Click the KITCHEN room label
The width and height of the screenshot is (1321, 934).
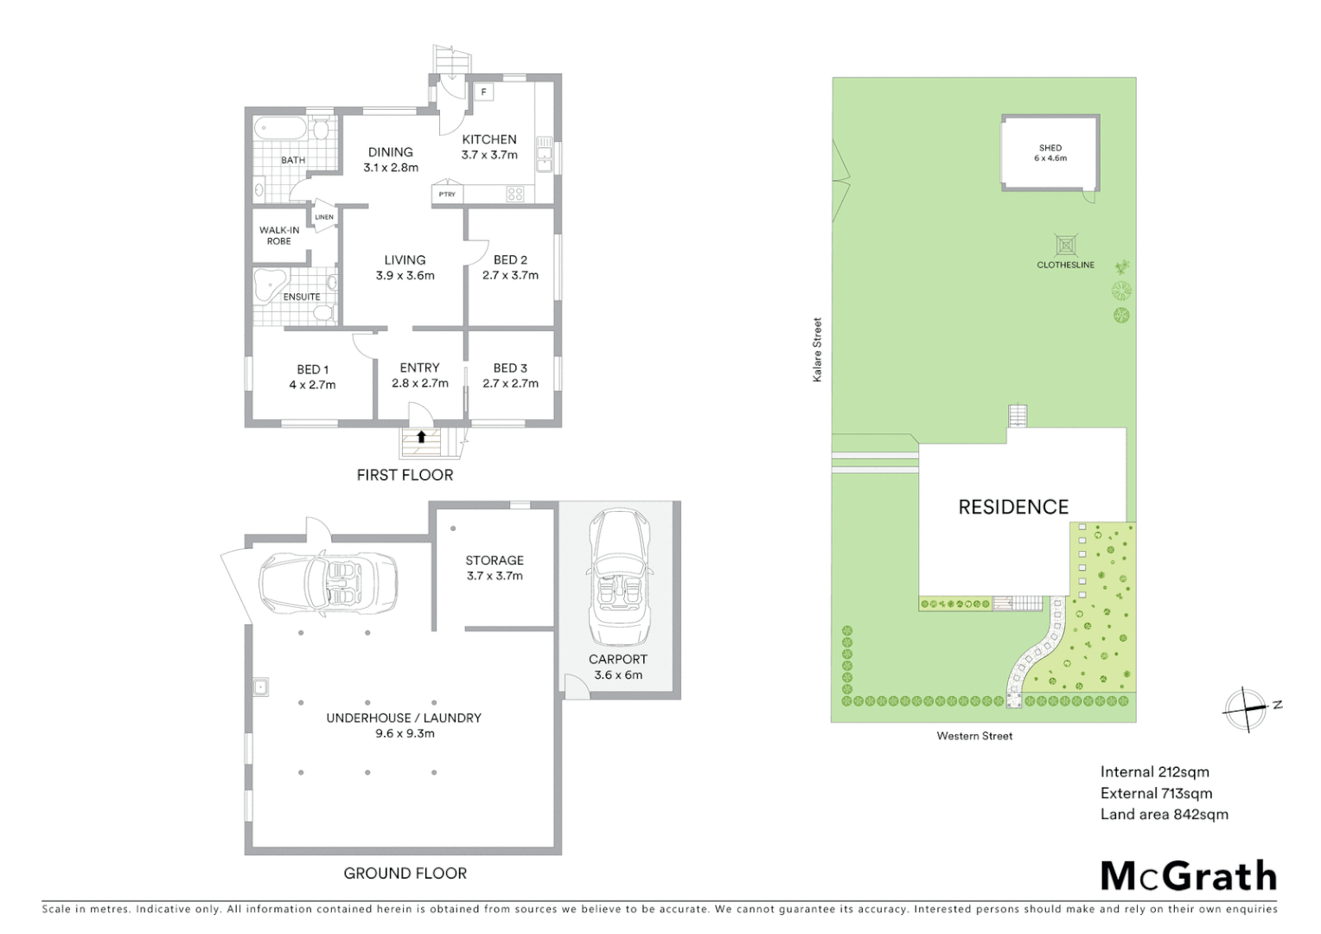point(489,139)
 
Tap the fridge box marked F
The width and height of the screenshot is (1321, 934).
point(483,92)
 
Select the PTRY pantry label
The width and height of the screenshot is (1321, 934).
point(447,195)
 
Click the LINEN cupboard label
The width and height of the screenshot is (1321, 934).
point(324,217)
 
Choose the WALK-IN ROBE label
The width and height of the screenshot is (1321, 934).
point(279,235)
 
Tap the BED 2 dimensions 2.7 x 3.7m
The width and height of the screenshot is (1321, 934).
point(510,275)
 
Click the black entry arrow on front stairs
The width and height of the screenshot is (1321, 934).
point(421,437)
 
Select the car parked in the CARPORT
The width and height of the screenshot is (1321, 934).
point(618,575)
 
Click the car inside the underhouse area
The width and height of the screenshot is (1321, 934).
point(329,582)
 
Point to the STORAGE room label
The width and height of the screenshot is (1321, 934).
point(495,560)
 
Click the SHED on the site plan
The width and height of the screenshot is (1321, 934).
point(1050,153)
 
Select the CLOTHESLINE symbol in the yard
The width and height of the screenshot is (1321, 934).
point(1065,245)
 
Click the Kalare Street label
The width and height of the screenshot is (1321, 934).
point(817,350)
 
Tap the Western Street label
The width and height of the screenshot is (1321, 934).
point(974,736)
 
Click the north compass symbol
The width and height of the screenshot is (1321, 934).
point(1246,709)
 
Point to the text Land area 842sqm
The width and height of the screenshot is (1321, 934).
point(1164,814)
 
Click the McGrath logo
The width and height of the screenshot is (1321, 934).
point(1188,876)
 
